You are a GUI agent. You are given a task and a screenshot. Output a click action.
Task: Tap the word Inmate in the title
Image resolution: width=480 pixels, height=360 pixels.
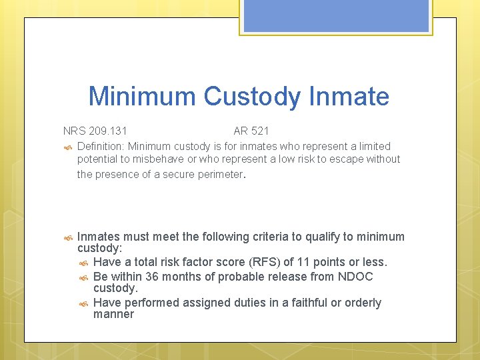point(349,97)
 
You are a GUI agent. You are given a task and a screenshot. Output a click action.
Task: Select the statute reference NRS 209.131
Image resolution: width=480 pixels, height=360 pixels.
point(95,131)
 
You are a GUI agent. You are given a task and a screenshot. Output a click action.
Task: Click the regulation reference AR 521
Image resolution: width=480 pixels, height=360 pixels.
point(251,131)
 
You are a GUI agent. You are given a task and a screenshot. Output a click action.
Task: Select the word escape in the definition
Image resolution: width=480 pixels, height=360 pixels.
point(349,159)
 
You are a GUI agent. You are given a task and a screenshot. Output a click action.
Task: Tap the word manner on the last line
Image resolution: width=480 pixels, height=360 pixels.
point(113,314)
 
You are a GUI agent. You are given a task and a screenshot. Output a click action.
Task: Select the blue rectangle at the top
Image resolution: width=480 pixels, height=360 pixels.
point(336,15)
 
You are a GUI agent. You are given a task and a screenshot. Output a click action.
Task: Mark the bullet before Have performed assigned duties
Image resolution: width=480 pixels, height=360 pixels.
point(83,303)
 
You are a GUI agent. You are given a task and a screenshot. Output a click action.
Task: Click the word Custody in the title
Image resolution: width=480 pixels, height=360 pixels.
point(252,97)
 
